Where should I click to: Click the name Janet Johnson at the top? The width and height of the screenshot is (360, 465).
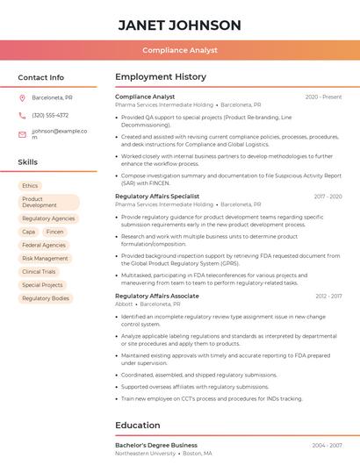coord(179,25)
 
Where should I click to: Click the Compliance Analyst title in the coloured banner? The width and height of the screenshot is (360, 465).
coord(179,50)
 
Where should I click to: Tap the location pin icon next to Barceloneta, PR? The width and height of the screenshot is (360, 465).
coord(22,98)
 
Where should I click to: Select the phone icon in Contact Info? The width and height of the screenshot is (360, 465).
coord(22,115)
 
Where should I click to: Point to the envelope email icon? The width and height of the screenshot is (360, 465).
coord(22,134)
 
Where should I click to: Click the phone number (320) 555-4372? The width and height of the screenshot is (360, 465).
coord(50,115)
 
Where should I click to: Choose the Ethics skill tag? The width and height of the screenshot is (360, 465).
coord(30,186)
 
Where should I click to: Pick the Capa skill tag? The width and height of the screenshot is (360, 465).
coord(29,232)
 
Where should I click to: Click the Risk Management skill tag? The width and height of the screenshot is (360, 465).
coord(45,259)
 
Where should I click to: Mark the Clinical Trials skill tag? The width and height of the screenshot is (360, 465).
coord(39,272)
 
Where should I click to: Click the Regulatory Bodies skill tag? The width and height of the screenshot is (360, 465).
coord(46,298)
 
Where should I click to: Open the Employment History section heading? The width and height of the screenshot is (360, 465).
coord(161,77)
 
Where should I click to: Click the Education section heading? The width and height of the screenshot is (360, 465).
coord(137,426)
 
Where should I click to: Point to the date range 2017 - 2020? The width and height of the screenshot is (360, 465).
coord(328,197)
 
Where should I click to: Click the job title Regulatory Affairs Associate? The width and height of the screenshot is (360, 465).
coord(157,297)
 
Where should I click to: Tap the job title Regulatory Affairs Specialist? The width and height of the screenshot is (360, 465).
coord(157,197)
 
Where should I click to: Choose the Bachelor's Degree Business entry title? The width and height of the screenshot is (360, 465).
coord(156,445)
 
